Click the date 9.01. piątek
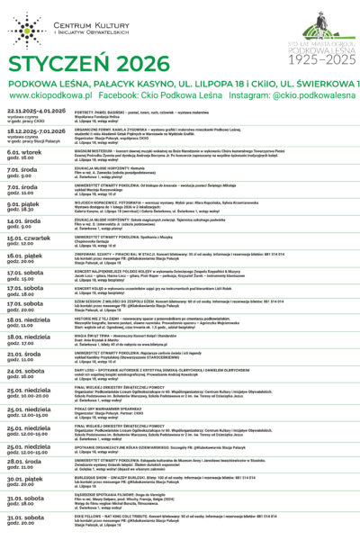click(x=23, y=204)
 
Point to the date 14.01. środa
click(x=23, y=220)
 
